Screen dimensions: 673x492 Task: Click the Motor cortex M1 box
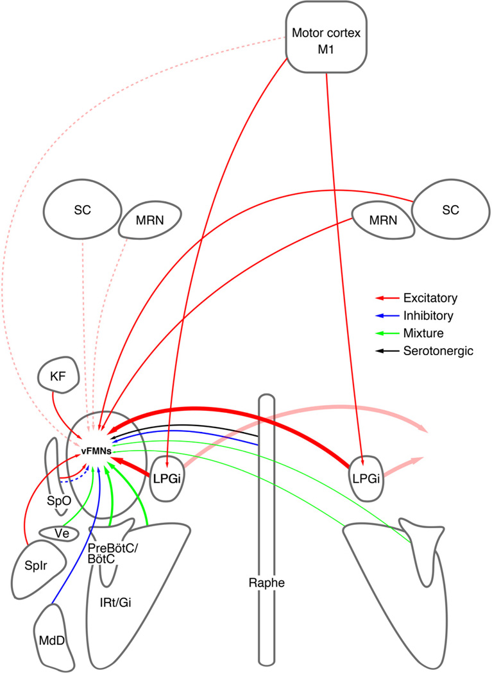pos(327,41)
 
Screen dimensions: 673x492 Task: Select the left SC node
pos(81,212)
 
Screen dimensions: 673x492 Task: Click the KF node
pos(56,376)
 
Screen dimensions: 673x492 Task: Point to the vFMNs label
pos(94,451)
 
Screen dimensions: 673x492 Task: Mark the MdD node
pos(53,640)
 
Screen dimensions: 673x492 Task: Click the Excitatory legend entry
pos(425,298)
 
